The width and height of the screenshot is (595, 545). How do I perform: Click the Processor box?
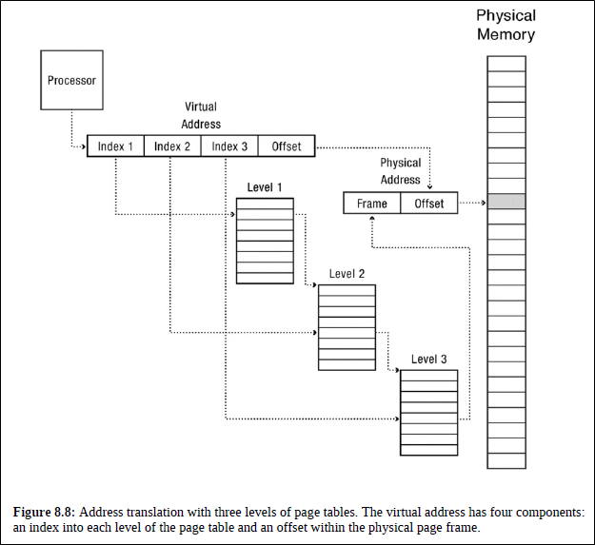click(71, 80)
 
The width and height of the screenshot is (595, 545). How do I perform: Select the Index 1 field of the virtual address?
click(115, 146)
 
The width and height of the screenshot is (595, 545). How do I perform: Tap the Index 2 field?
click(172, 146)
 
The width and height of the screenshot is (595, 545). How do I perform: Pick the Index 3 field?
click(229, 146)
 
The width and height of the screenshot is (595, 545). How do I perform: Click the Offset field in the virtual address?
click(287, 146)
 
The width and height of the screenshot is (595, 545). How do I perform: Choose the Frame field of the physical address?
click(372, 204)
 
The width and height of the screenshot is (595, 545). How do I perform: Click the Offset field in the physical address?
click(429, 204)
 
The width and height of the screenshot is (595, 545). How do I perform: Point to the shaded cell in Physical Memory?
click(506, 202)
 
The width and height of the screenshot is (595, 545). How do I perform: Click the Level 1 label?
click(265, 187)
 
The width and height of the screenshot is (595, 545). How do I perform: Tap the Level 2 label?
click(347, 274)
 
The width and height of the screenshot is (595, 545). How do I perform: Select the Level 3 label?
click(429, 359)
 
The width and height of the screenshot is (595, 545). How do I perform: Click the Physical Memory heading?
click(506, 26)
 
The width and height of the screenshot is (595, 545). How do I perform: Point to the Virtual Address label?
click(202, 116)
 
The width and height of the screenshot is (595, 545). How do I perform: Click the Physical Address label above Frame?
click(400, 171)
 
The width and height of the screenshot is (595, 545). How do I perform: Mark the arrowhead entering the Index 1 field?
click(84, 146)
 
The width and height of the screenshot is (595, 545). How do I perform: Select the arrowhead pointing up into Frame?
click(372, 218)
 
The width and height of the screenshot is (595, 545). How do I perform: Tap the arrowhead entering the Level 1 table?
click(232, 215)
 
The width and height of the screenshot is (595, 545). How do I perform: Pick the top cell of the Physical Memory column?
click(506, 64)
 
